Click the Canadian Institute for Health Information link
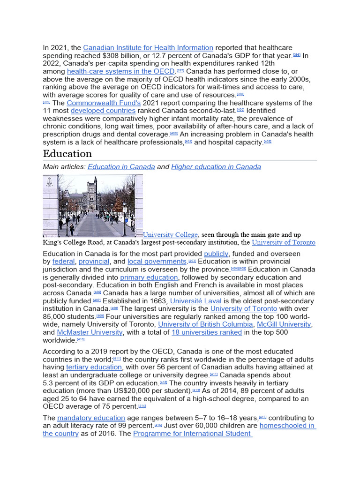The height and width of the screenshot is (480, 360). (x=148, y=48)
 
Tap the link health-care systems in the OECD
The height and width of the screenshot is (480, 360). (x=121, y=71)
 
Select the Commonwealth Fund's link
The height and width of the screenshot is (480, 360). (x=104, y=103)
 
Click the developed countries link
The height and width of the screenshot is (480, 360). (x=103, y=111)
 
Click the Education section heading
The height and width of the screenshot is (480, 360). (x=67, y=154)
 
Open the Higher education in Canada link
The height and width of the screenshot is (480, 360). (x=216, y=167)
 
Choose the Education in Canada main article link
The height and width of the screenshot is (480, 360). (x=121, y=167)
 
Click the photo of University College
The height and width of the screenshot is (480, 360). (x=93, y=205)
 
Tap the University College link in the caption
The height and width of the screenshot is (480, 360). (x=171, y=234)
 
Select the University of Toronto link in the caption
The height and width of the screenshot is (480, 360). (x=284, y=242)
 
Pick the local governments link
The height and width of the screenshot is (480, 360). (x=157, y=262)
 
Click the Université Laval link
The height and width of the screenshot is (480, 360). (x=195, y=301)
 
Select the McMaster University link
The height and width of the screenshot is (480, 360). (x=90, y=332)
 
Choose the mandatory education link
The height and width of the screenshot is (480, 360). (x=91, y=418)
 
